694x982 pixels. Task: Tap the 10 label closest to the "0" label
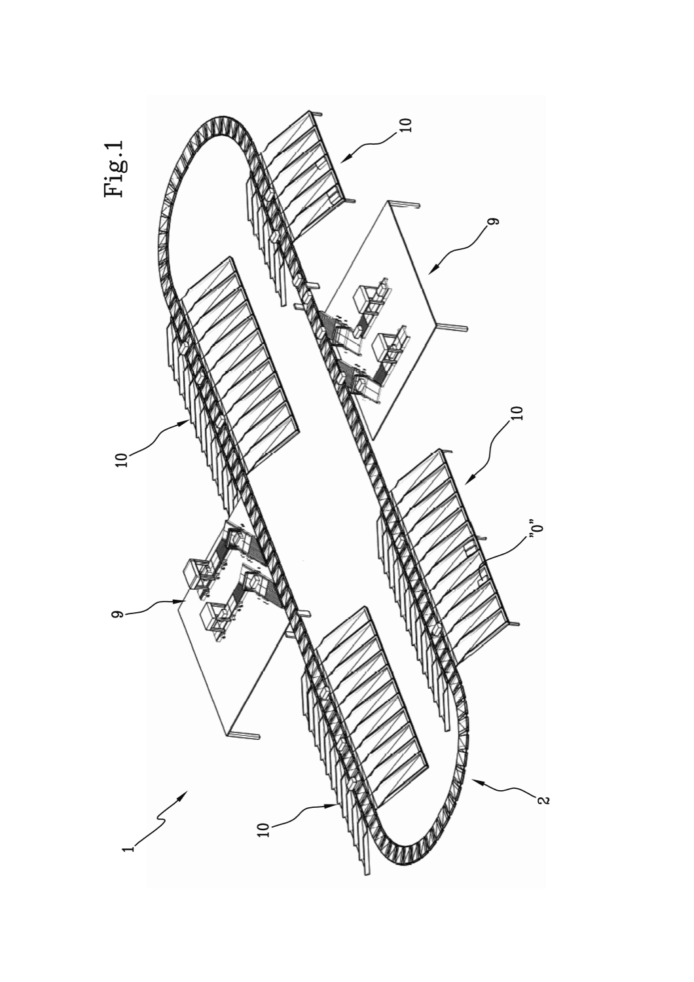tap(519, 413)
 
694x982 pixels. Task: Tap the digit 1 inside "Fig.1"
tap(114, 145)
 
